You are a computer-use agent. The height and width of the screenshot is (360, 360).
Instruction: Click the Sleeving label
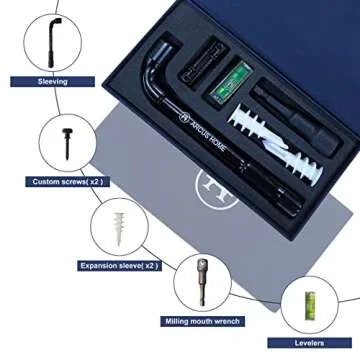(x=52, y=81)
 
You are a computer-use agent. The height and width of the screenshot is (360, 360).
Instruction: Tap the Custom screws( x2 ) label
(x=67, y=182)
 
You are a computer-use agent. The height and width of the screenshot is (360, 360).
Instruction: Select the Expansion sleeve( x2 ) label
(x=119, y=266)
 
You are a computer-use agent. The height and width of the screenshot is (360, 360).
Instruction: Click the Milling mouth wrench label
(x=202, y=321)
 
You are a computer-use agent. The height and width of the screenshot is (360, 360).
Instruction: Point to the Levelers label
(x=309, y=343)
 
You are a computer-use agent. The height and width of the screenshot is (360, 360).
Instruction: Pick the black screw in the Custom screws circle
(x=67, y=143)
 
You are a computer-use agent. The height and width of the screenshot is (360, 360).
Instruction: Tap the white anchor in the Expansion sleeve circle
(x=118, y=229)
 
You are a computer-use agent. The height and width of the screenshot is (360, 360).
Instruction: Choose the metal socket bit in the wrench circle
(x=201, y=282)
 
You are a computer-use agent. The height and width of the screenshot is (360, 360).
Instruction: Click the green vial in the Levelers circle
(x=310, y=306)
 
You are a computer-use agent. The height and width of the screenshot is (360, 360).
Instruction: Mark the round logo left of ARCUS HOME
(x=183, y=117)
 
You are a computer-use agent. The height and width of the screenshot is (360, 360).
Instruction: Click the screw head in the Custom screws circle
(x=67, y=131)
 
